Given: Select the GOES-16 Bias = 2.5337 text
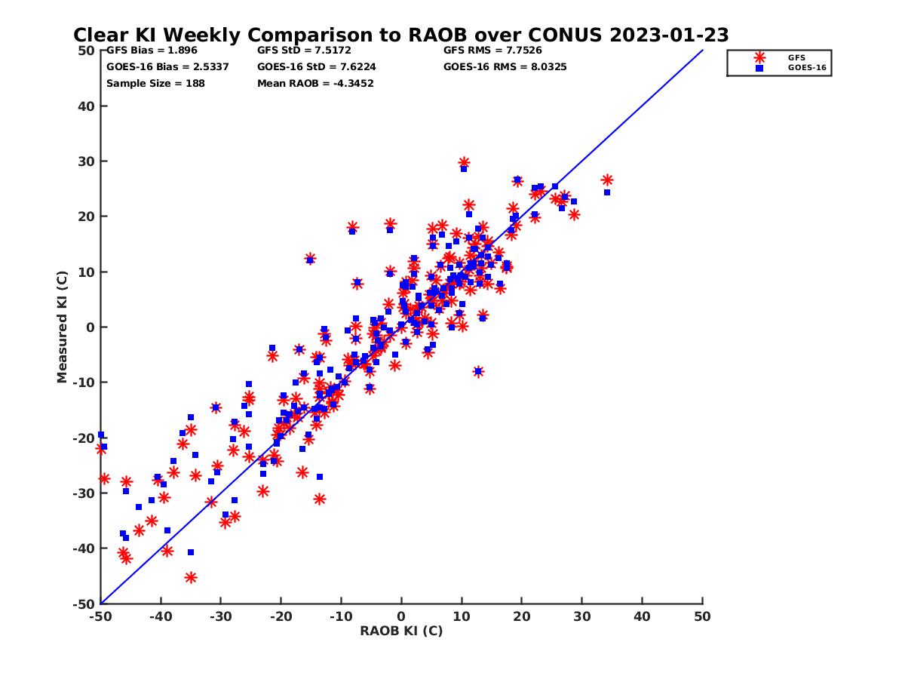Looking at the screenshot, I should pos(167,66).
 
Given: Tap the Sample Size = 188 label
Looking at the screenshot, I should pos(155,83).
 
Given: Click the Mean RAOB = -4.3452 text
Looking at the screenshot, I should pos(315,83).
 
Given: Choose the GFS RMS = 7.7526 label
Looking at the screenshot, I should pos(492,51).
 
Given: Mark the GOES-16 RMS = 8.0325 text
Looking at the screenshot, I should pos(505,66).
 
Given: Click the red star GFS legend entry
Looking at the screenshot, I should pos(759,57).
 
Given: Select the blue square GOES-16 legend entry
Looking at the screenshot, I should pos(759,67).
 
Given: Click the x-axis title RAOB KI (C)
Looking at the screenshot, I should pos(401,631).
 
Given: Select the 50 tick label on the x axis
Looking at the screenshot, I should pos(702,616).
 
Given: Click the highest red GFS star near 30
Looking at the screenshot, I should pos(464,162).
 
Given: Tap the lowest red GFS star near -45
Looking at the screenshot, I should pos(191,577).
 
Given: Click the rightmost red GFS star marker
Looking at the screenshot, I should pos(606,180).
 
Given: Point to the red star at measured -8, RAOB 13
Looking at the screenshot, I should pos(478,371).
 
